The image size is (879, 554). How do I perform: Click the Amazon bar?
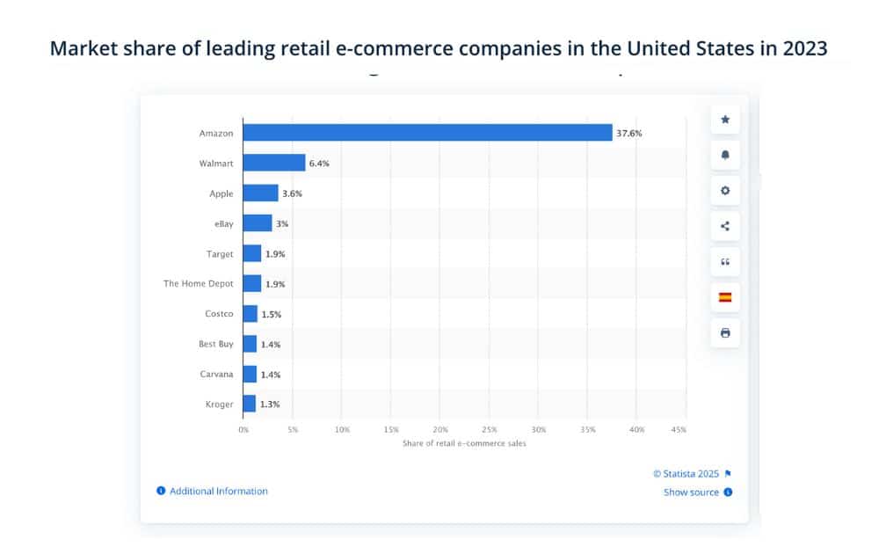tap(427, 133)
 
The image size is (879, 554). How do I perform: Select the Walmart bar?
tap(274, 163)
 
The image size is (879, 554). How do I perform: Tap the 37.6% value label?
tap(629, 133)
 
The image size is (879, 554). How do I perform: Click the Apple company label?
tap(222, 193)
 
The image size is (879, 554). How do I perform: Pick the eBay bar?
tap(258, 223)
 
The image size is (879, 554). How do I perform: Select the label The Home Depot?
tap(199, 283)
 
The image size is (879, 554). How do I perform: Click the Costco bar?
tap(251, 314)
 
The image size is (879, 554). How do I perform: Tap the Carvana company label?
tap(216, 374)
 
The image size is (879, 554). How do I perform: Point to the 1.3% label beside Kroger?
tap(270, 405)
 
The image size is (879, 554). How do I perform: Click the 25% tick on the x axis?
tap(490, 430)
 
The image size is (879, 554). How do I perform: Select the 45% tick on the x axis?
tap(678, 430)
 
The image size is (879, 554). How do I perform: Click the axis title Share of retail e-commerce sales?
tap(464, 443)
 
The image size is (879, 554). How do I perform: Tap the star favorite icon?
tap(725, 119)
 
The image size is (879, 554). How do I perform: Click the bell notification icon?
tap(725, 155)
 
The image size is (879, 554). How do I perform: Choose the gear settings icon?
tap(725, 191)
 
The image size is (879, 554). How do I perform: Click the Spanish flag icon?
tap(725, 297)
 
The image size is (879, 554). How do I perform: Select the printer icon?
tap(725, 333)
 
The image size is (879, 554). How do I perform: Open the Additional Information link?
tap(218, 491)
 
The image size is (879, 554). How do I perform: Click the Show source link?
tap(691, 492)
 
